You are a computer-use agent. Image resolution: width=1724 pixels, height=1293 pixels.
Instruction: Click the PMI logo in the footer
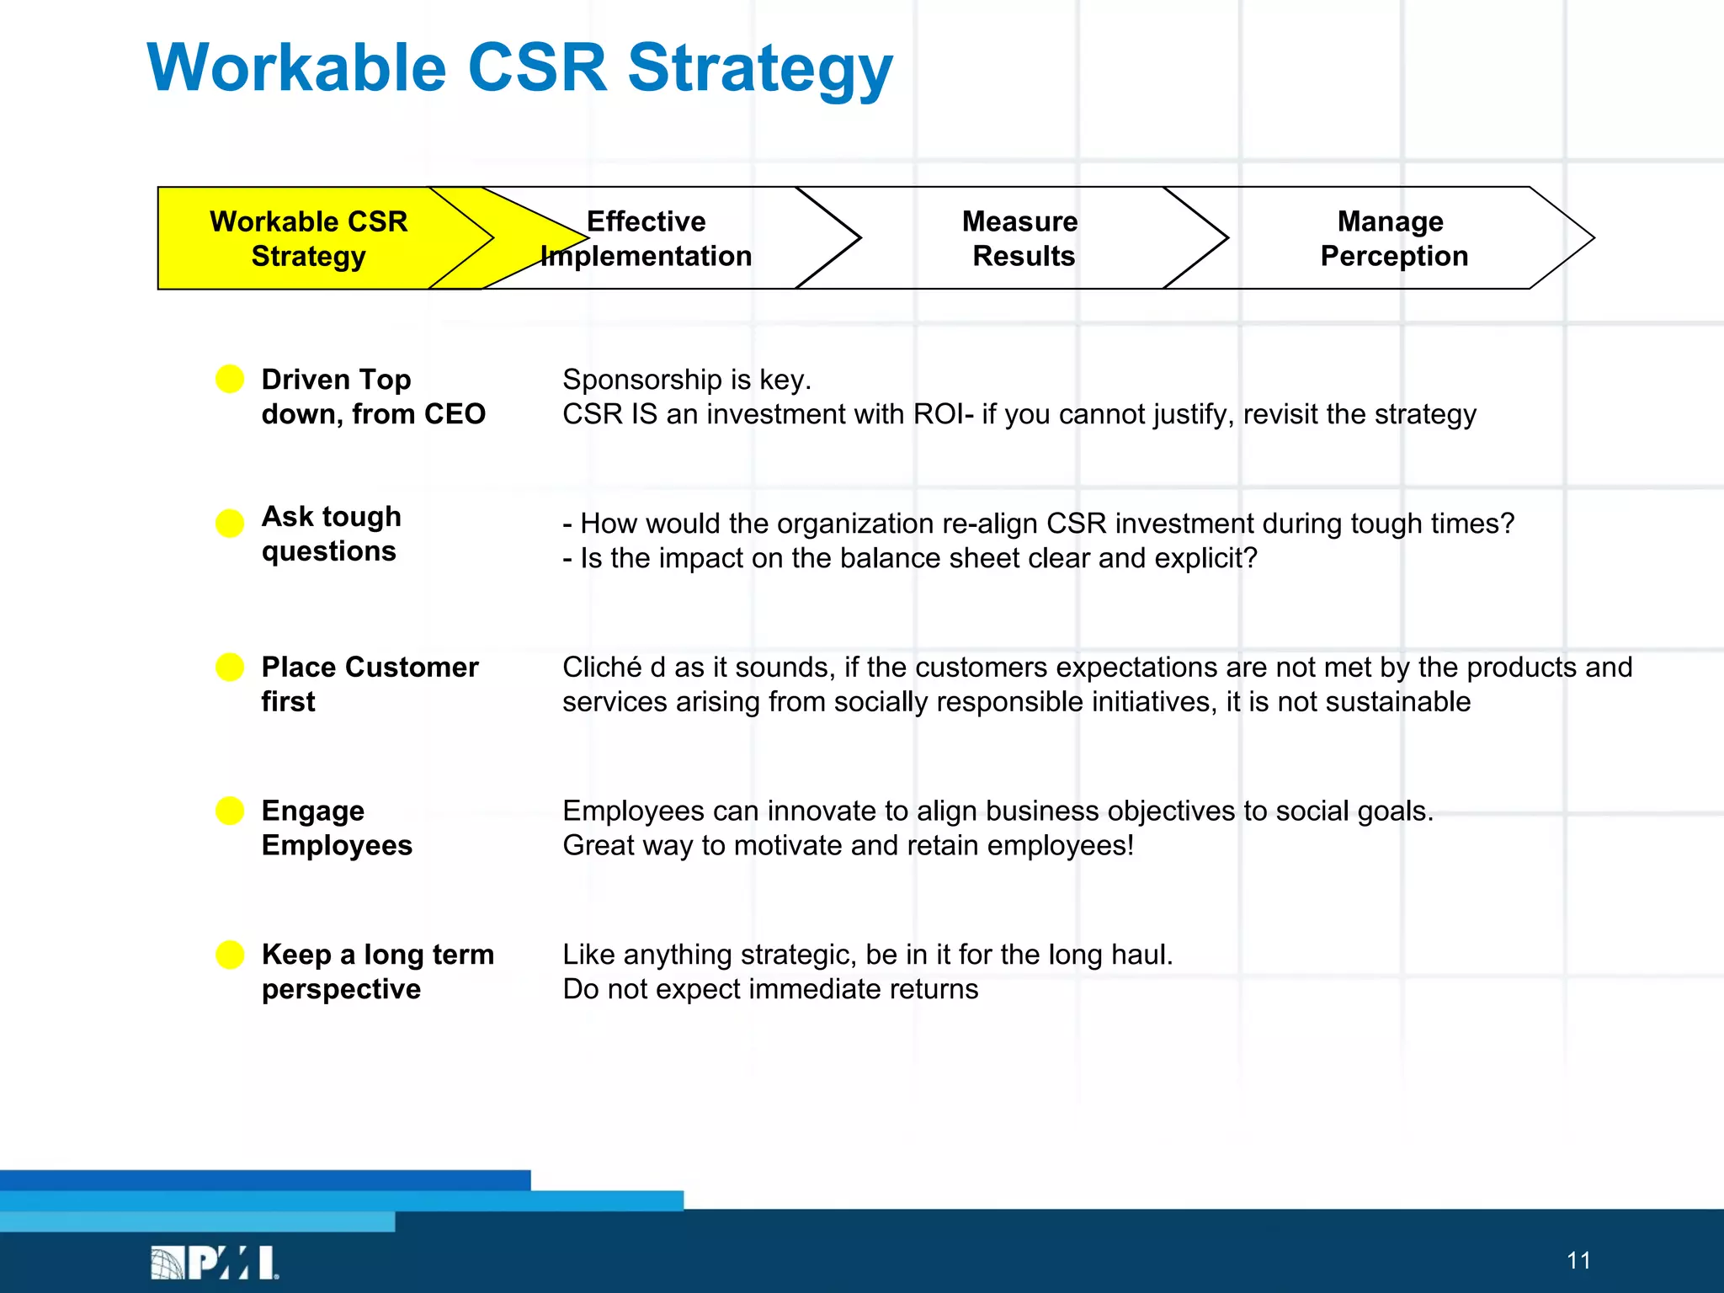click(215, 1262)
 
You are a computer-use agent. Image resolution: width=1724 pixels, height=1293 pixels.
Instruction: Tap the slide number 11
click(1578, 1260)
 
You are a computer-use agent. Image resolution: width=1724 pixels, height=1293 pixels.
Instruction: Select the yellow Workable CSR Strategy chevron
click(308, 238)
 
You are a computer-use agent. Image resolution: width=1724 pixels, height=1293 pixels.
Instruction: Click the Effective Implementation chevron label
click(646, 238)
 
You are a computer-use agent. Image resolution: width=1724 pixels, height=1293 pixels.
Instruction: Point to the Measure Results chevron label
click(1021, 238)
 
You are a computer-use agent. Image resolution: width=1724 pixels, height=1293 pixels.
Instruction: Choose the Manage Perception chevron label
click(1392, 238)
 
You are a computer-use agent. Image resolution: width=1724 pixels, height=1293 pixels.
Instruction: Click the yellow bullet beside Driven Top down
click(230, 379)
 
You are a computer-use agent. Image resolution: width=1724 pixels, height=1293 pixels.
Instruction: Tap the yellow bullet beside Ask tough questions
click(230, 523)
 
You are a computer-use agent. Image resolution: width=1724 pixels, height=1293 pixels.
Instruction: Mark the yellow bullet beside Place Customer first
click(230, 667)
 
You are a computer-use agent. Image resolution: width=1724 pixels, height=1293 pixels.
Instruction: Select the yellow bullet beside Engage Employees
click(230, 811)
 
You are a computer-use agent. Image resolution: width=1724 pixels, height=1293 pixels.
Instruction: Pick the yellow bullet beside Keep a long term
click(230, 955)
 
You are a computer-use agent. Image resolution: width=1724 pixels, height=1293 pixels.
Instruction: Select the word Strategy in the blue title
click(759, 69)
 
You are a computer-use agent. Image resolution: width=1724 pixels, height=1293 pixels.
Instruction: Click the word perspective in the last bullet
click(341, 990)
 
